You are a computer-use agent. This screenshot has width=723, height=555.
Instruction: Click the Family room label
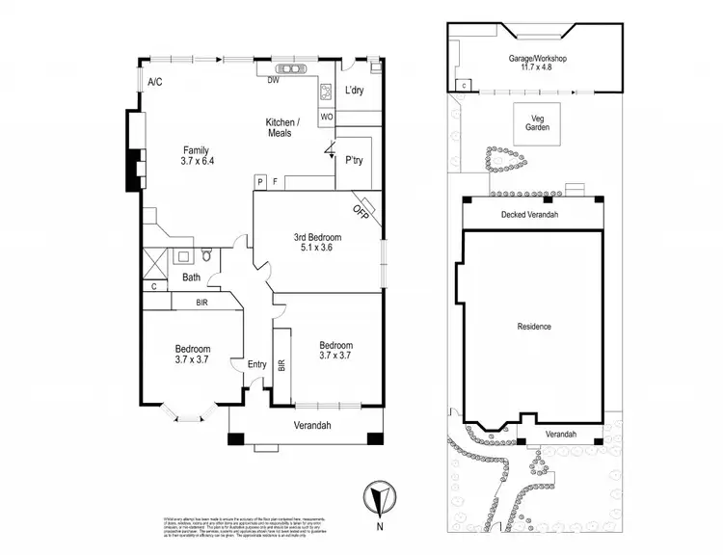pyautogui.click(x=197, y=150)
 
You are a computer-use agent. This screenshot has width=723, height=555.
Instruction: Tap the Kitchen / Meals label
pyautogui.click(x=283, y=127)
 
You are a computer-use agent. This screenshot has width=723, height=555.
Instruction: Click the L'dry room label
pyautogui.click(x=353, y=92)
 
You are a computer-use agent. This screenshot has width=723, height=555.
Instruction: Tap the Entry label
pyautogui.click(x=256, y=364)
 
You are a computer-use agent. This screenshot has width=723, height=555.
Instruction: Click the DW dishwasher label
pyautogui.click(x=273, y=80)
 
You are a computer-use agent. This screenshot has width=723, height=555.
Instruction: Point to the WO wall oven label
pyautogui.click(x=327, y=117)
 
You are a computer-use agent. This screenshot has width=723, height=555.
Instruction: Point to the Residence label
pyautogui.click(x=534, y=327)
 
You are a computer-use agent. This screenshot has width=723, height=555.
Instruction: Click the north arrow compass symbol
pyautogui.click(x=378, y=498)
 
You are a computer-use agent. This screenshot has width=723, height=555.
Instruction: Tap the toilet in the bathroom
pyautogui.click(x=206, y=256)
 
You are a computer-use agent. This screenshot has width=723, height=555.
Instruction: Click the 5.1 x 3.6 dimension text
pyautogui.click(x=317, y=249)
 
